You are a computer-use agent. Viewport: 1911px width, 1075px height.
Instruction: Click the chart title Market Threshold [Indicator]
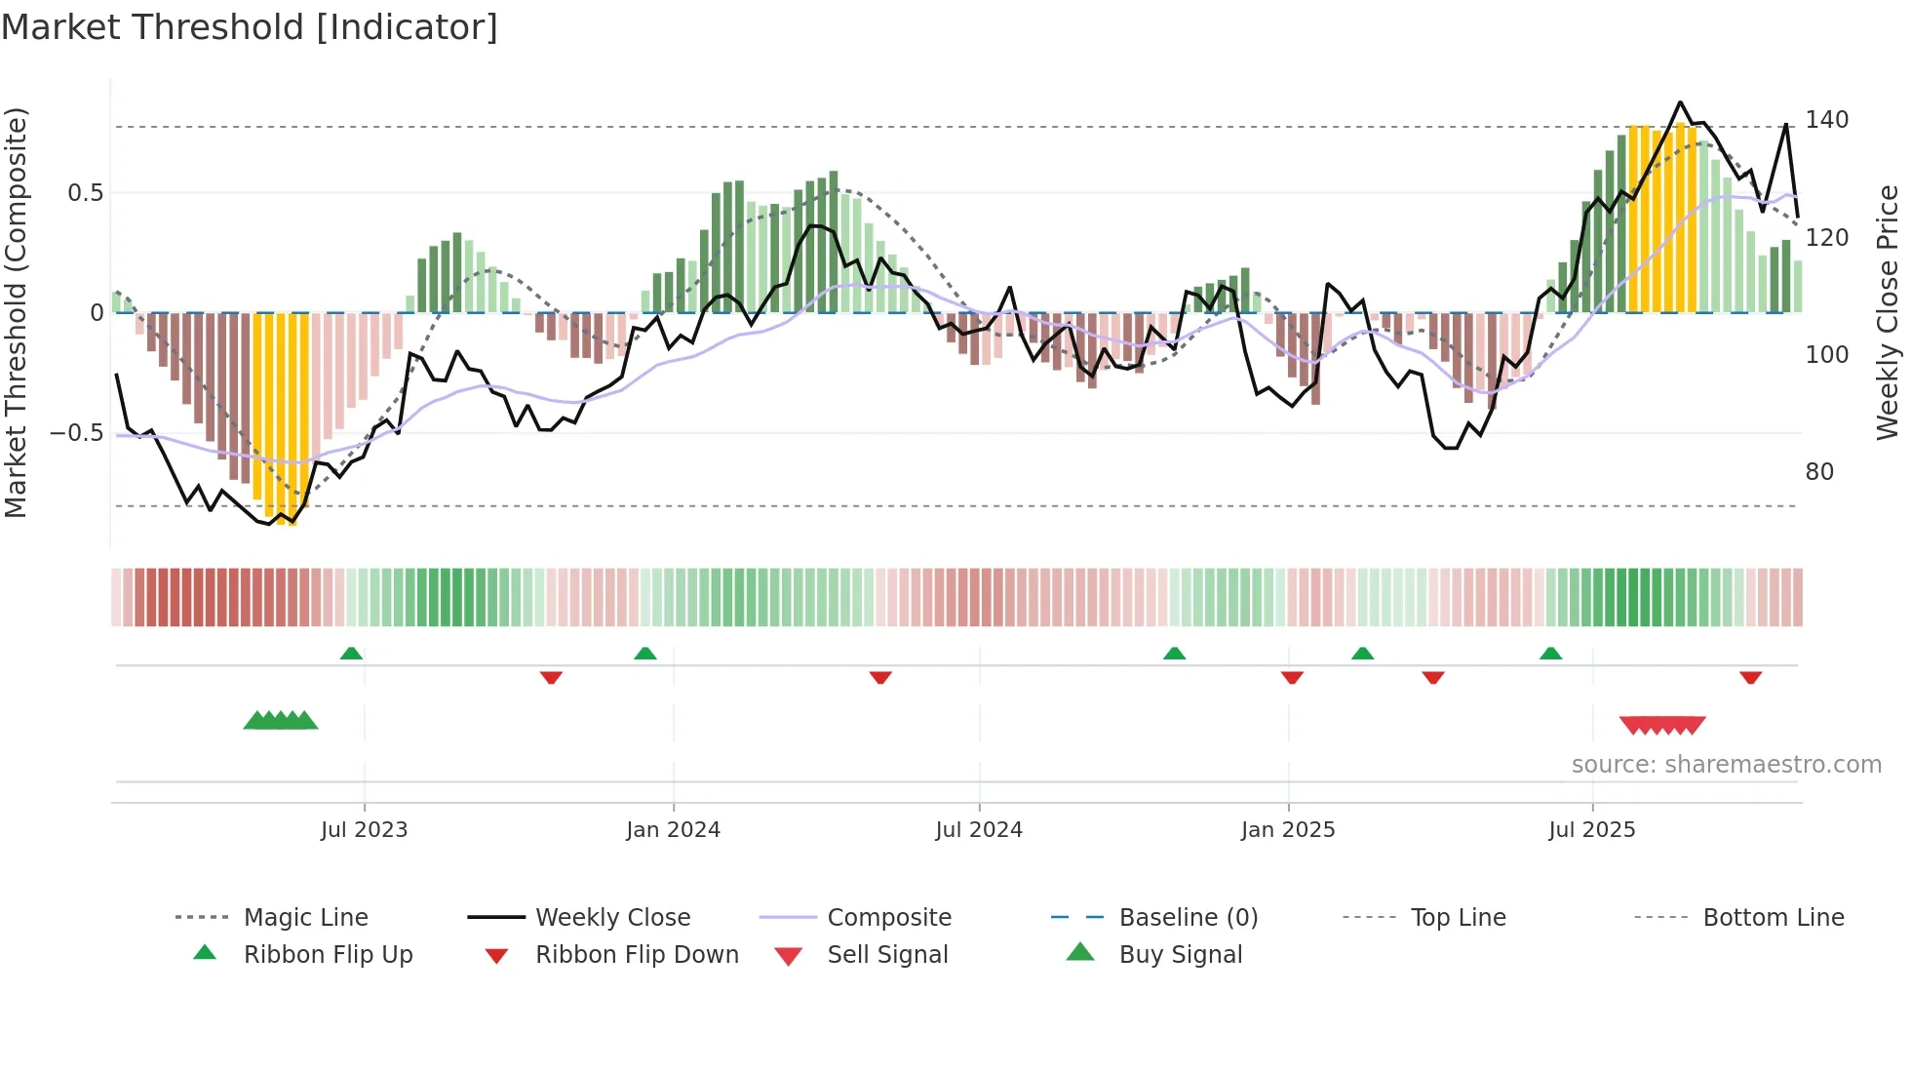coord(250,27)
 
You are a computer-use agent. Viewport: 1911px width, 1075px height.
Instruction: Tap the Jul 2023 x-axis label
coord(364,830)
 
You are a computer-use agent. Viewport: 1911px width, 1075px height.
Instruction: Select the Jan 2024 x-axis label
coord(673,830)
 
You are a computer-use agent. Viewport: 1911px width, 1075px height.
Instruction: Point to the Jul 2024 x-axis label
coord(979,830)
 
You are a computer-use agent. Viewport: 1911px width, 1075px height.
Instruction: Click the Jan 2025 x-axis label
coord(1288,830)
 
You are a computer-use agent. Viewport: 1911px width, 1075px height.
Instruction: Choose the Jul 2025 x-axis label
coord(1592,830)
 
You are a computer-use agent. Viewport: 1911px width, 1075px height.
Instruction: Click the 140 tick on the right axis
coord(1826,120)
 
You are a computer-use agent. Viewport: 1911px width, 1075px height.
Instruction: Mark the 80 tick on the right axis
coord(1819,472)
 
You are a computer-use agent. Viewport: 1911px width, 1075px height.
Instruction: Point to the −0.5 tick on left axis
coord(77,433)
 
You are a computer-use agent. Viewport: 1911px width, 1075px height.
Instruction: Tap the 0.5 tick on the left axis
coord(85,193)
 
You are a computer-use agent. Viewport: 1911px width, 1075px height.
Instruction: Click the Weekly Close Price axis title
coord(1888,312)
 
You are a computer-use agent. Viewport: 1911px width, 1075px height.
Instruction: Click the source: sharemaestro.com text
coord(1726,765)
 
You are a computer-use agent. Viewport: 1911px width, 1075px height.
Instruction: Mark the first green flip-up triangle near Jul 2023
coord(351,654)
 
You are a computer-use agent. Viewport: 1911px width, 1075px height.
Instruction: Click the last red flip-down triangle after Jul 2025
coord(1750,677)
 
